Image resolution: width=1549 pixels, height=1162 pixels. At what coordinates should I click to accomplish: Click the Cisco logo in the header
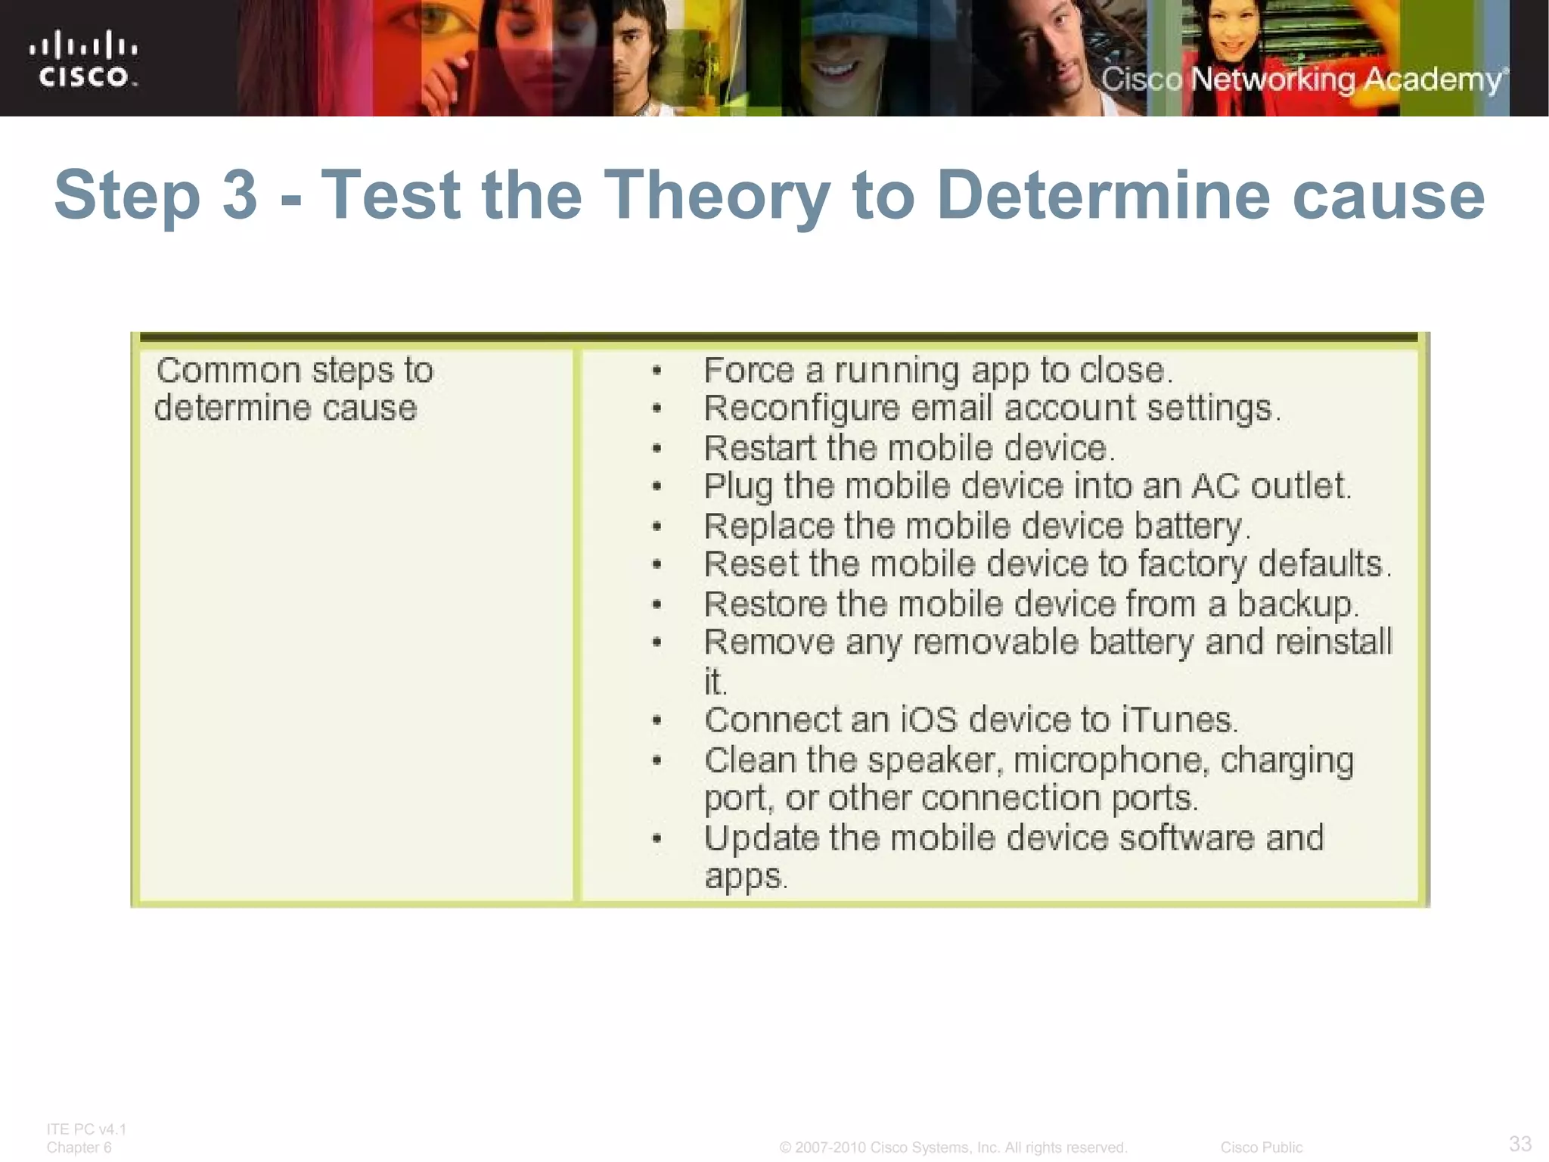84,59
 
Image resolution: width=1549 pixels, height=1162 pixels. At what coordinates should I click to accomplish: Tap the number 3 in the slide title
240,195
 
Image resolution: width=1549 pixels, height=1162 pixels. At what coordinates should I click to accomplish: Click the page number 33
1520,1143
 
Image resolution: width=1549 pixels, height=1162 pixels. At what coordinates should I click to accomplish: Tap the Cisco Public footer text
1261,1148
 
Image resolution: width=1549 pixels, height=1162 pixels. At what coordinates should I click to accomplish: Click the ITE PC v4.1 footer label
86,1129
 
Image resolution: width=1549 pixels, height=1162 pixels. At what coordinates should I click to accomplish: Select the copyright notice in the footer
953,1148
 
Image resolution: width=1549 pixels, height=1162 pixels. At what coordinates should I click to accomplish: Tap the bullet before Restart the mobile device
657,449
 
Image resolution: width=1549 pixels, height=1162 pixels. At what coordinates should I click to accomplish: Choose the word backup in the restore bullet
1296,604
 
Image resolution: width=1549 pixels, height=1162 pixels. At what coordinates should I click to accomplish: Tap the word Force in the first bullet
748,371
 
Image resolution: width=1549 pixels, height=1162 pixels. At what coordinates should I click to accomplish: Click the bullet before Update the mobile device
657,838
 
